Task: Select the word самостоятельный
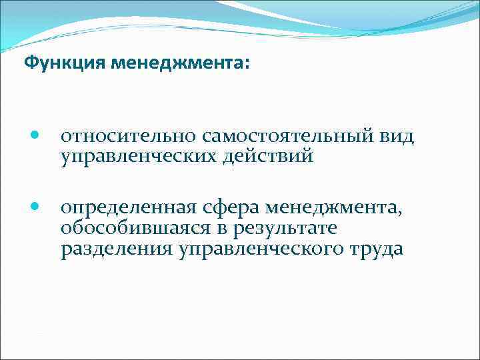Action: tap(271, 137)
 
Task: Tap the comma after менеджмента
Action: tap(401, 215)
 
